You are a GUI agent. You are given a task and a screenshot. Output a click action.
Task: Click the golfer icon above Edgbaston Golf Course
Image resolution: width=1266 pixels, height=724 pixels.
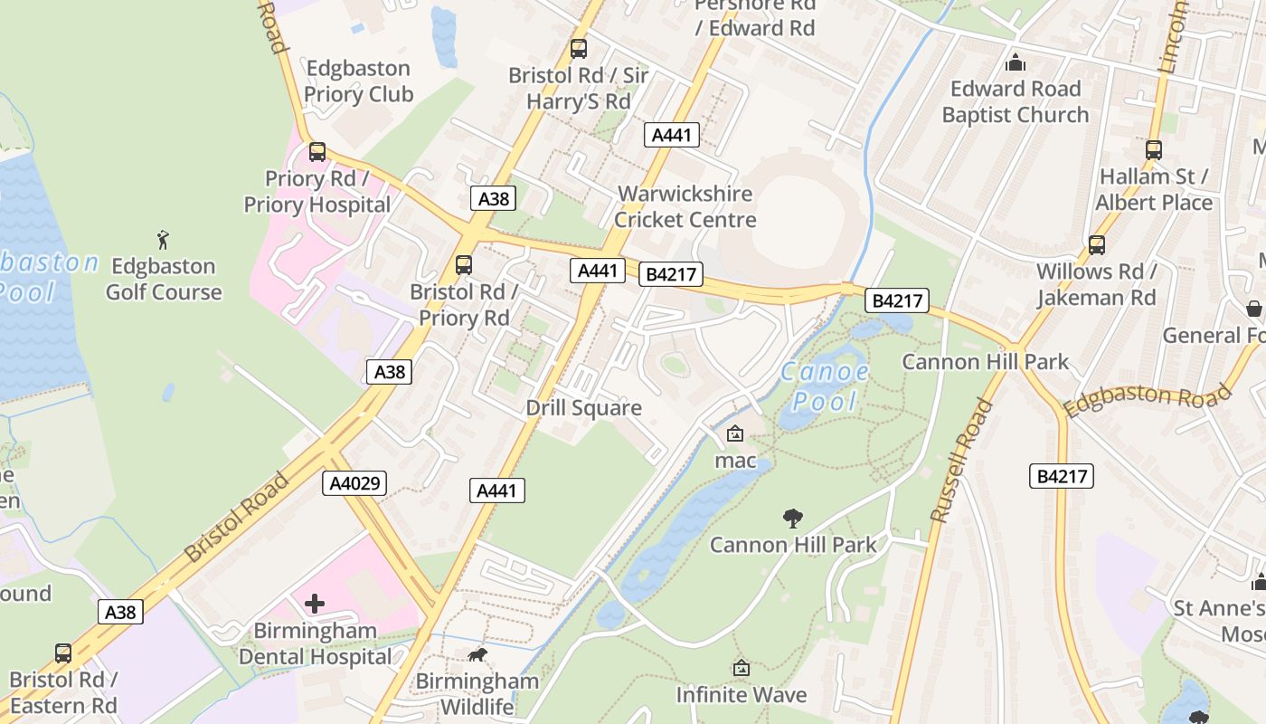coord(163,240)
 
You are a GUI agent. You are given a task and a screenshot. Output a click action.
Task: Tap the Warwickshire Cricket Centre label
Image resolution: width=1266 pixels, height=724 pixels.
coord(685,206)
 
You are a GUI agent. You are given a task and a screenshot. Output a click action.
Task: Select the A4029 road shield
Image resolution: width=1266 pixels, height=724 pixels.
coord(354,483)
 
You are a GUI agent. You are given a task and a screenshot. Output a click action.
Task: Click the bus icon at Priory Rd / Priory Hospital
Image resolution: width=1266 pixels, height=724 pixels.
coord(316,151)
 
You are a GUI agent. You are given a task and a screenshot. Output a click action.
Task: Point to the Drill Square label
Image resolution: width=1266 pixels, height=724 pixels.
coord(583,408)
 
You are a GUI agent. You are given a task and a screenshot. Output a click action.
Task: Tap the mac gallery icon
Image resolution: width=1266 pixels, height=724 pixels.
coord(735,433)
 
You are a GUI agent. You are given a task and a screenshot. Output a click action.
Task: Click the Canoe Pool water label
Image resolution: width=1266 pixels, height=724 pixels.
coord(825,386)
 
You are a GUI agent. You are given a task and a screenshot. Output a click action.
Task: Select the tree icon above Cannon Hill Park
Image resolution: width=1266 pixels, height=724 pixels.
coord(793,519)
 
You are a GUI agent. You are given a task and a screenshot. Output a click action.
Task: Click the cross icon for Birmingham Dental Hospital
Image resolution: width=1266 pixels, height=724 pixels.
coord(315,603)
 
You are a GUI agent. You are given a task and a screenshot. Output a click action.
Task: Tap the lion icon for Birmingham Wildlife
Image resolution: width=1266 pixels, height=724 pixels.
coord(477,654)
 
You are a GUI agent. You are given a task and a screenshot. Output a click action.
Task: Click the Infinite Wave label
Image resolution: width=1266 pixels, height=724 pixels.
coord(741,695)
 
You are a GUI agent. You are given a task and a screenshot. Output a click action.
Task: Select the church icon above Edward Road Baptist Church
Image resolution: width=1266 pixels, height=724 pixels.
coord(1016,62)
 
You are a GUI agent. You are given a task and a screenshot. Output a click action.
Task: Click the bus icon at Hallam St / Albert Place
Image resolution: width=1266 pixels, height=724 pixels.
coord(1153,150)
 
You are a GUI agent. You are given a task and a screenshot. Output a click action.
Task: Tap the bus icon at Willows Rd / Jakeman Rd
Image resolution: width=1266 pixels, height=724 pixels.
coord(1096,244)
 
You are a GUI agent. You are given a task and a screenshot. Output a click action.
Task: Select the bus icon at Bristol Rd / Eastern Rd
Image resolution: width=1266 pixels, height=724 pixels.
coord(63,653)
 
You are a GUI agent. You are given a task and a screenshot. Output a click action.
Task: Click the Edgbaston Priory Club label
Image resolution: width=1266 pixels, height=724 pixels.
coord(358,81)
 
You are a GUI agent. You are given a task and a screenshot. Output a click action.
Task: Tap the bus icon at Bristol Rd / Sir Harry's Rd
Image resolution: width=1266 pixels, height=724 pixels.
coord(579,49)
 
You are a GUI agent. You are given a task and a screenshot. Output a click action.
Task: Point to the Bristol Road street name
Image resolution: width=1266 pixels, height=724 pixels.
coord(237,516)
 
